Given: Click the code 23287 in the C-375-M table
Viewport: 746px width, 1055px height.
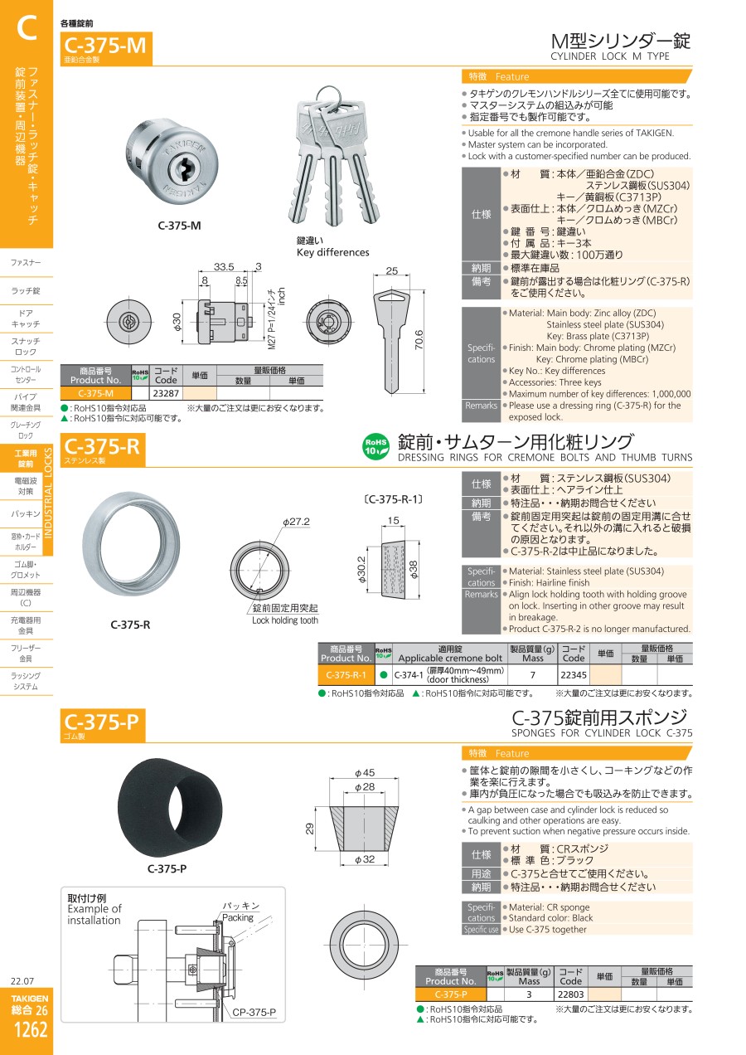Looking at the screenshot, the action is point(166,393).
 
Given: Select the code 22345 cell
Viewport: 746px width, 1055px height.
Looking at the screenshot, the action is point(574,675).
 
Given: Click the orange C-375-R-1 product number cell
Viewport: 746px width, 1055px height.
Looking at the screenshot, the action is point(346,675).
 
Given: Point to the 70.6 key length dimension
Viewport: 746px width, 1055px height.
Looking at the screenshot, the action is point(419,339).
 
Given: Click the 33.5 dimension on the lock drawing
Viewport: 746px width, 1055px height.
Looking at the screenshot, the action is point(224,266).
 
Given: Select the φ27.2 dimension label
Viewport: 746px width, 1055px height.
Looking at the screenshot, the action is point(296,522).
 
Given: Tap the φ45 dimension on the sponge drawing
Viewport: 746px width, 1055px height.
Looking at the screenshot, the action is point(365,773).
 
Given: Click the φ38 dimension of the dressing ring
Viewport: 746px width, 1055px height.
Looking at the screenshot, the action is point(414,569).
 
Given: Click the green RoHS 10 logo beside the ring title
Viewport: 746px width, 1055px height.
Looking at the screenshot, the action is point(375,446).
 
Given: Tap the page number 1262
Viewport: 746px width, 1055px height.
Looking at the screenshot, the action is point(31,1029).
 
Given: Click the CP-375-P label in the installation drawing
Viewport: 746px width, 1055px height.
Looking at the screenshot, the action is point(254,1012).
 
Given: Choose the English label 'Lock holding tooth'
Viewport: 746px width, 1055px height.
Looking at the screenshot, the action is point(285,620).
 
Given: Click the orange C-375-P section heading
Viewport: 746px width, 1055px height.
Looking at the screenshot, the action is point(103,724).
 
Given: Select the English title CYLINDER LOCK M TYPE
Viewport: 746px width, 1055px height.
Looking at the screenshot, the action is point(610,56).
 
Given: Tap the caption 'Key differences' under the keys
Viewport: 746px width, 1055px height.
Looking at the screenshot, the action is point(332,252).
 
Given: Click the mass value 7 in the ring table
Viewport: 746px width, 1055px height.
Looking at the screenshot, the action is point(533,675).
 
